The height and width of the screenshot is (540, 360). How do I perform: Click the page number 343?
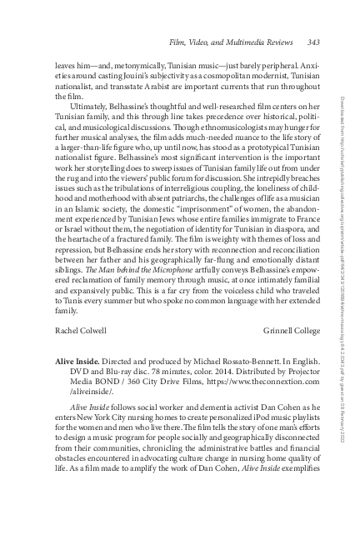tap(313, 42)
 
